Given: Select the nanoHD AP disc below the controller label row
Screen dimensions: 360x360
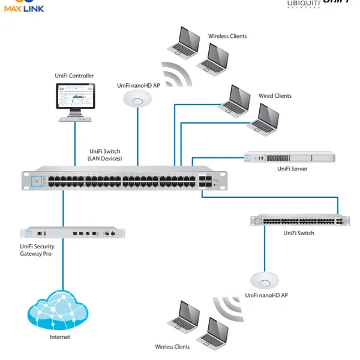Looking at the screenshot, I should (137, 99).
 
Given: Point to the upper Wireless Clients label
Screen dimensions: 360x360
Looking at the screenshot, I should (227, 37).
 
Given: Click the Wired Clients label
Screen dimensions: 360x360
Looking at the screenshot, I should (275, 96).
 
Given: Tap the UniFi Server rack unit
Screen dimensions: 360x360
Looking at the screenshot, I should (289, 158).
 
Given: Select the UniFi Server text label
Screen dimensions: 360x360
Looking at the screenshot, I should (292, 169).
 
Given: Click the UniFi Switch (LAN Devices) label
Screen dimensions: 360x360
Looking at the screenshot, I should (105, 155).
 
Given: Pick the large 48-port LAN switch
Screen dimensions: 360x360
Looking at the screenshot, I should (125, 180).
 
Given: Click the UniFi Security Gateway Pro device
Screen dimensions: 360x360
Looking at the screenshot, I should (74, 233).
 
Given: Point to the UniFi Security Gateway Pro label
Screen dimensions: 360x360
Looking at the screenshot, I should (37, 250).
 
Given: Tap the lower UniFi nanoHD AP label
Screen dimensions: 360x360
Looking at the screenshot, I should (266, 296).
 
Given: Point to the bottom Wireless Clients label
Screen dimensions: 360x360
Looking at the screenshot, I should (172, 347).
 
